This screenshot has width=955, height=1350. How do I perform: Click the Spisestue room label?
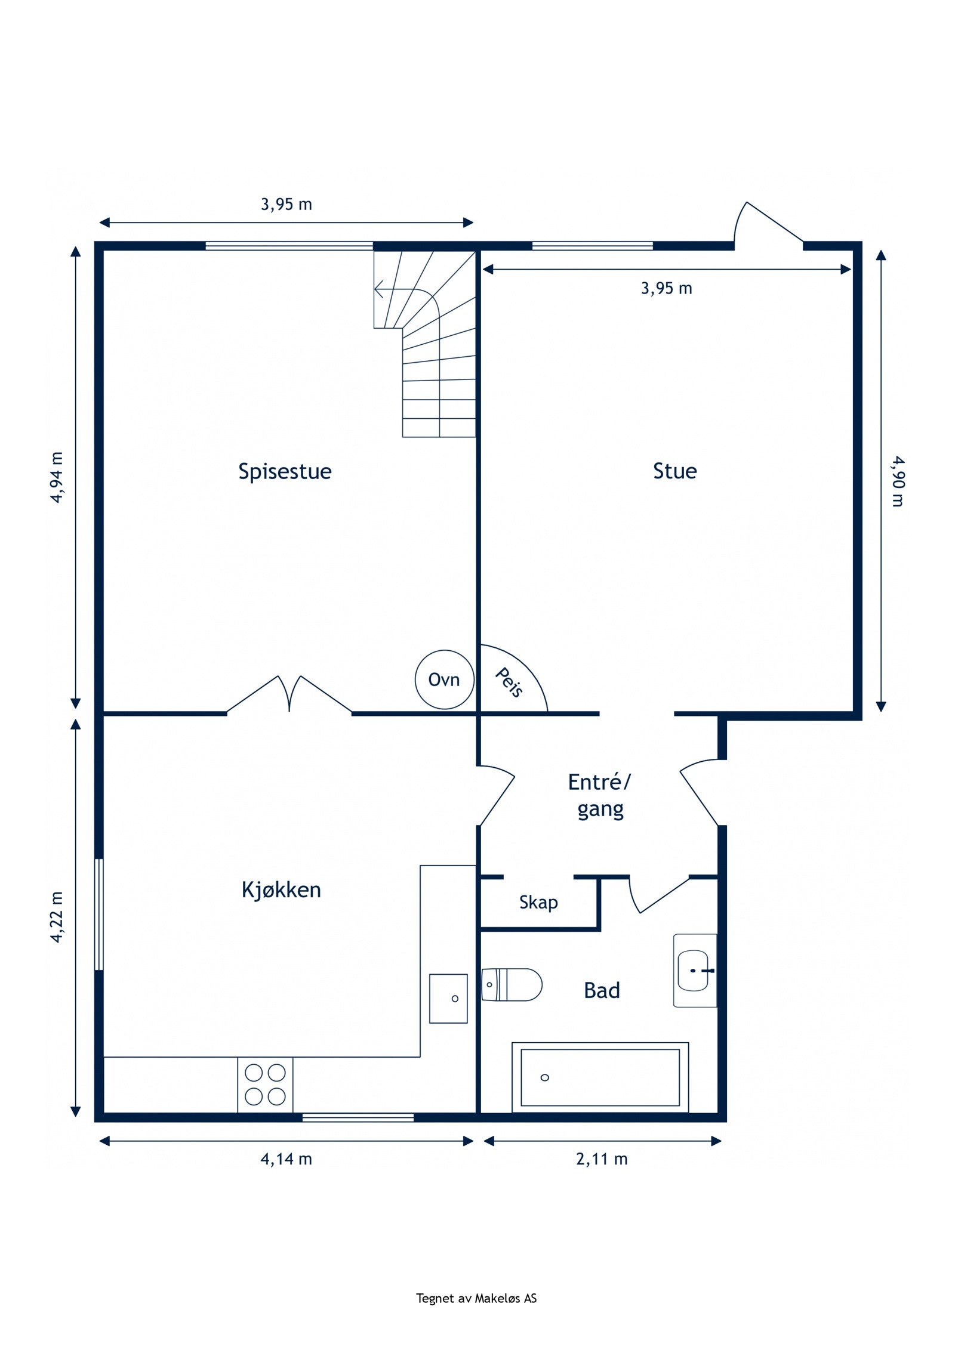tap(285, 472)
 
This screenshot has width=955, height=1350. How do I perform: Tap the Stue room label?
tap(674, 471)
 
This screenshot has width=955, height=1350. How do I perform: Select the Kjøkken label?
tap(281, 890)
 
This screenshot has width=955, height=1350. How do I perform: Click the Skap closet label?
tap(538, 903)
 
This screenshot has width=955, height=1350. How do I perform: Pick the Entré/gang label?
tap(599, 796)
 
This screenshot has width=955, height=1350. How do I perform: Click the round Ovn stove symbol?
tap(445, 679)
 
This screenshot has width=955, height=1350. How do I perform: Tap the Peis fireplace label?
tap(509, 682)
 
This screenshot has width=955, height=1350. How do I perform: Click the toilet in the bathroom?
tap(512, 984)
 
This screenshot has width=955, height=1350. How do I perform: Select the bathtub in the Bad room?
tap(600, 1077)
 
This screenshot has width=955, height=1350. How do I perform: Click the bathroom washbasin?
tap(695, 971)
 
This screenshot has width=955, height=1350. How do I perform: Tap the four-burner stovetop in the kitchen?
tap(265, 1085)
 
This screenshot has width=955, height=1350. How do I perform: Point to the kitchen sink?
tap(448, 999)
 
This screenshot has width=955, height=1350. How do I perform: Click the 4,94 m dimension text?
tap(57, 477)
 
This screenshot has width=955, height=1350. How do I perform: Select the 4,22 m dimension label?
tap(57, 917)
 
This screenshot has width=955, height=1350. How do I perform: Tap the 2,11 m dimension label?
tap(602, 1159)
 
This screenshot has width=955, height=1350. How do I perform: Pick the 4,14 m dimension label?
tap(286, 1159)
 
